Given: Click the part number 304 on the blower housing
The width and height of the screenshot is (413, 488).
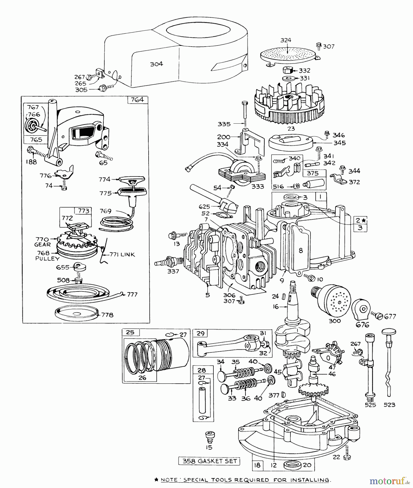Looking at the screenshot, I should pos(156,64).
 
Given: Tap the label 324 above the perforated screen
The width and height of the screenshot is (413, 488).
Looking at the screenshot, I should pos(286,40).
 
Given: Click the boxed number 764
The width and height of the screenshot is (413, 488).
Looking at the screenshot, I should pos(137,99).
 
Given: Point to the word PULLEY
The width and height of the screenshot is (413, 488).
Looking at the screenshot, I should pos(47,259).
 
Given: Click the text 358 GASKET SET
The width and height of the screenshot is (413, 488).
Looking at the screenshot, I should pos(209,461).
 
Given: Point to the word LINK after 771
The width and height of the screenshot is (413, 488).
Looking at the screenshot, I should pos(127,255).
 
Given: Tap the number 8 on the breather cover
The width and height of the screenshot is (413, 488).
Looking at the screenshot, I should pos(300,251).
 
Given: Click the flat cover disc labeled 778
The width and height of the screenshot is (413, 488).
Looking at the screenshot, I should pos(76,314).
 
